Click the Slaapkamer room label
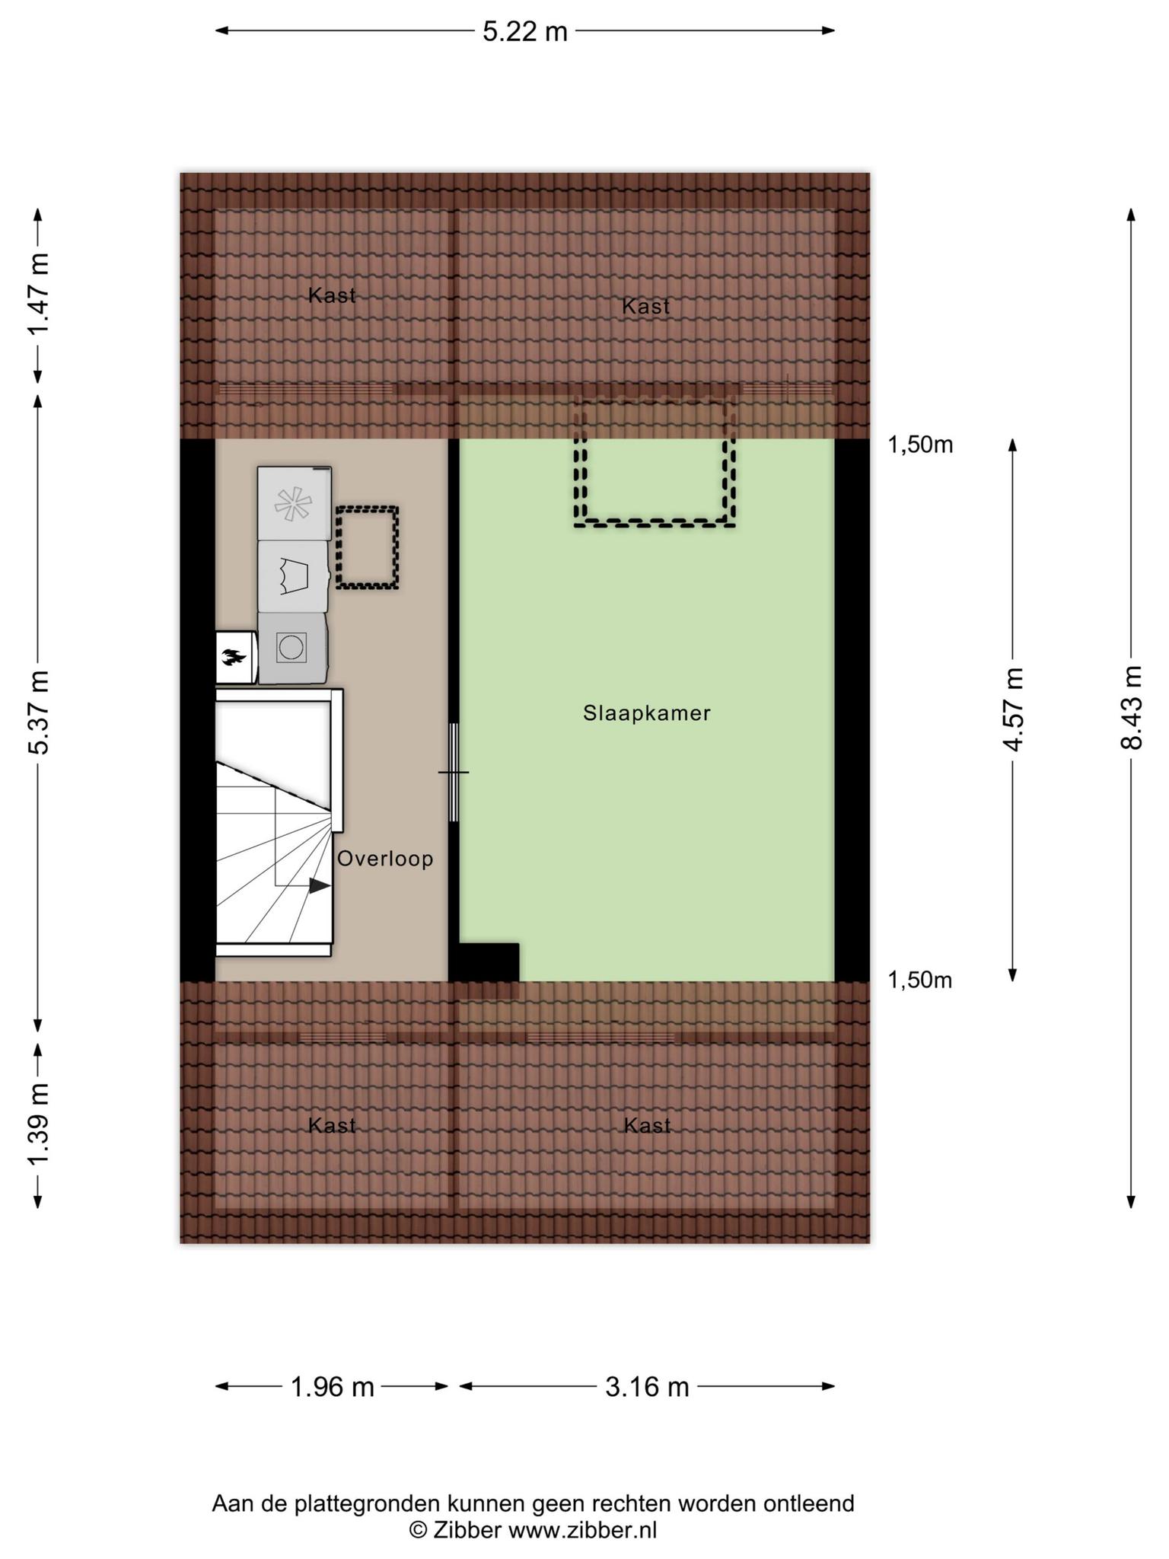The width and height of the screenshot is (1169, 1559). click(x=647, y=713)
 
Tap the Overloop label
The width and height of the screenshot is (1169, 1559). click(x=385, y=859)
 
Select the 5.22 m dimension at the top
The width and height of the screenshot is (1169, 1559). click(x=525, y=31)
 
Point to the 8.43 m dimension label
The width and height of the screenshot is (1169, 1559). click(x=1132, y=707)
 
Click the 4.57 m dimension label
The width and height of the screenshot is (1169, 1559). click(x=1013, y=709)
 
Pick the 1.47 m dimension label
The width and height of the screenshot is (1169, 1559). click(x=39, y=293)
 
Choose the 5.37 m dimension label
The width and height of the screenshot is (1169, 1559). click(x=39, y=712)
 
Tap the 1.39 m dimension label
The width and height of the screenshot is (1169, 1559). click(x=39, y=1123)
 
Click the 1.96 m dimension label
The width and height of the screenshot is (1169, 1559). click(x=333, y=1387)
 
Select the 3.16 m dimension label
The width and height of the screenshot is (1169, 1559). click(x=647, y=1387)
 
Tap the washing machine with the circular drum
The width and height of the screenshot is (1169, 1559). click(x=292, y=648)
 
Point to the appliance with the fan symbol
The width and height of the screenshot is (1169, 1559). click(x=294, y=503)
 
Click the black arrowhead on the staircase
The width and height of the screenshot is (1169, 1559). click(x=320, y=885)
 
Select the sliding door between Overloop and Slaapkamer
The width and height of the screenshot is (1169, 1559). click(x=453, y=772)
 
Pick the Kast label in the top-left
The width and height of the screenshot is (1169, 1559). click(x=332, y=295)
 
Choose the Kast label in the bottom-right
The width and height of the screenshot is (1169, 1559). click(x=647, y=1125)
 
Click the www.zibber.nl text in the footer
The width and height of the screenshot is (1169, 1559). click(x=582, y=1530)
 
